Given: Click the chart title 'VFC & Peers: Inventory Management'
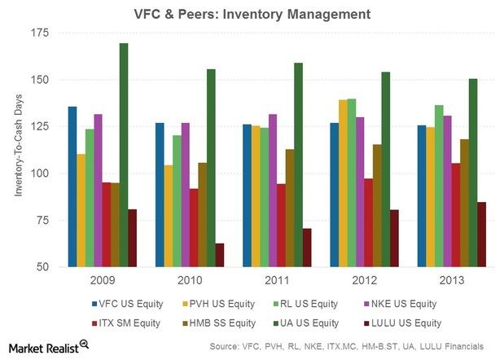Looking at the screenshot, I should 252,14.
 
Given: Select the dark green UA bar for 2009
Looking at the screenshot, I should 124,155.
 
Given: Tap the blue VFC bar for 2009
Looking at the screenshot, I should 72,187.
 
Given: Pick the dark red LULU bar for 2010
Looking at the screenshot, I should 220,255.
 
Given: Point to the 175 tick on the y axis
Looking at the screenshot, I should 38,33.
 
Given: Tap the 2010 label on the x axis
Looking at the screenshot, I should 190,281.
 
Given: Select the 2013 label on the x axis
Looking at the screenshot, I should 452,281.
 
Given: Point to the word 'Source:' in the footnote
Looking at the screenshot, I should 227,347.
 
